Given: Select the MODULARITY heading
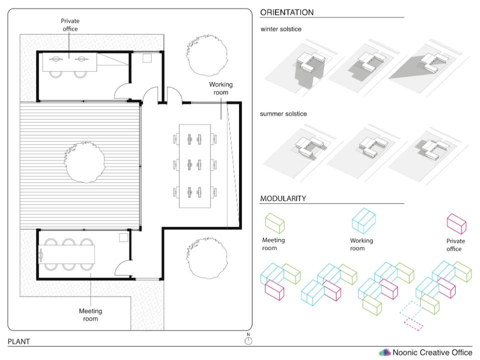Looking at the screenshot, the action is [x=283, y=198].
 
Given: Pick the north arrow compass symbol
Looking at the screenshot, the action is [x=248, y=340].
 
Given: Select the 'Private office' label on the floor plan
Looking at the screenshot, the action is [x=70, y=24].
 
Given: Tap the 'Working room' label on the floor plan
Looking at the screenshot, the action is [x=220, y=88].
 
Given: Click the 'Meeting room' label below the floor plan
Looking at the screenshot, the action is [x=90, y=314].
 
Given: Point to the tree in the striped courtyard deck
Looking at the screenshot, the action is [x=85, y=161].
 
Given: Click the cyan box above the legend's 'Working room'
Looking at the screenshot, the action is [x=363, y=219].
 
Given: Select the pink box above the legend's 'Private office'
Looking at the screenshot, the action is [x=455, y=223].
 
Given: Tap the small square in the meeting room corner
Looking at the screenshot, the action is [x=122, y=237].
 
